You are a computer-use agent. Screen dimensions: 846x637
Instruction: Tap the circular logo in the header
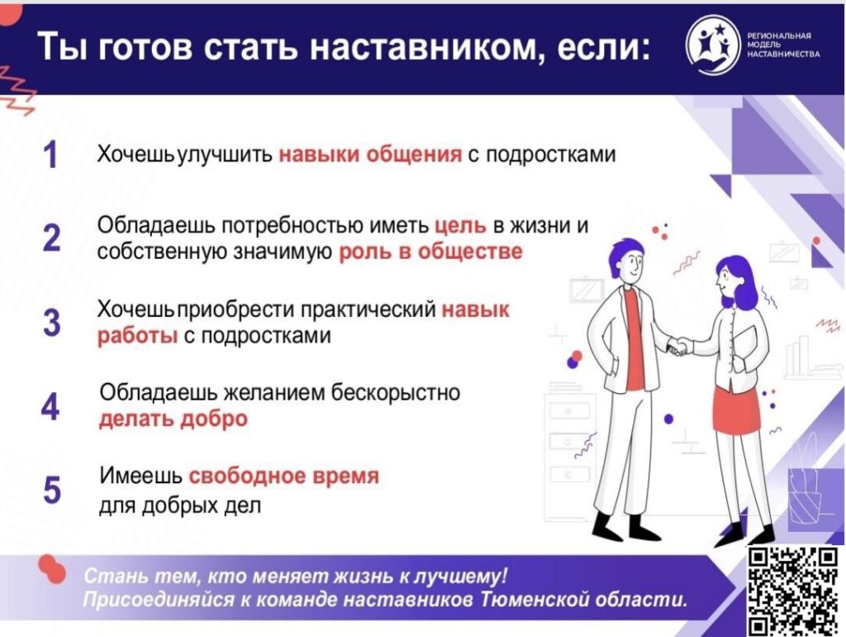coord(713,45)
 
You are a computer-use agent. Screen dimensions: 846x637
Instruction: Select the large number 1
coord(50,155)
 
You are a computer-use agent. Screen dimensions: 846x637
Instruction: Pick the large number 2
coord(51,237)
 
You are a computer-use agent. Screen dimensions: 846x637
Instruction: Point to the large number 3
coord(51,322)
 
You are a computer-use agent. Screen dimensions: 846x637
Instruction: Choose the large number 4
coord(50,406)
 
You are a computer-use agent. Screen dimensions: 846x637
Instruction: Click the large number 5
coord(51,490)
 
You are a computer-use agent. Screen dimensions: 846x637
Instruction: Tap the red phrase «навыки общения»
coord(370,155)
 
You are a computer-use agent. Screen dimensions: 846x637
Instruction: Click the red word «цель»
coord(461,226)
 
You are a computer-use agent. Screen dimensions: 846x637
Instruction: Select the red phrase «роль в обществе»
coord(430,251)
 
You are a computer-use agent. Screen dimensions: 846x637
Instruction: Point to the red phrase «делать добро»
coord(173,419)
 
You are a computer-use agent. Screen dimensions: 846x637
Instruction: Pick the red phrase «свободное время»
coord(284,476)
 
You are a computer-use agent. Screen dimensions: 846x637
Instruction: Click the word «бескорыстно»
coord(395,392)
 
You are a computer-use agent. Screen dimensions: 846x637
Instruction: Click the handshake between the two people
coord(679,346)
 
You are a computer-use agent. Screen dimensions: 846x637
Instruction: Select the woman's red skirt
coord(737,408)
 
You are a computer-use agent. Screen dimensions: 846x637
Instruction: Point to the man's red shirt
coord(634,340)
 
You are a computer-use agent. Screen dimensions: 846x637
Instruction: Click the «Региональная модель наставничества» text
coord(783,45)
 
